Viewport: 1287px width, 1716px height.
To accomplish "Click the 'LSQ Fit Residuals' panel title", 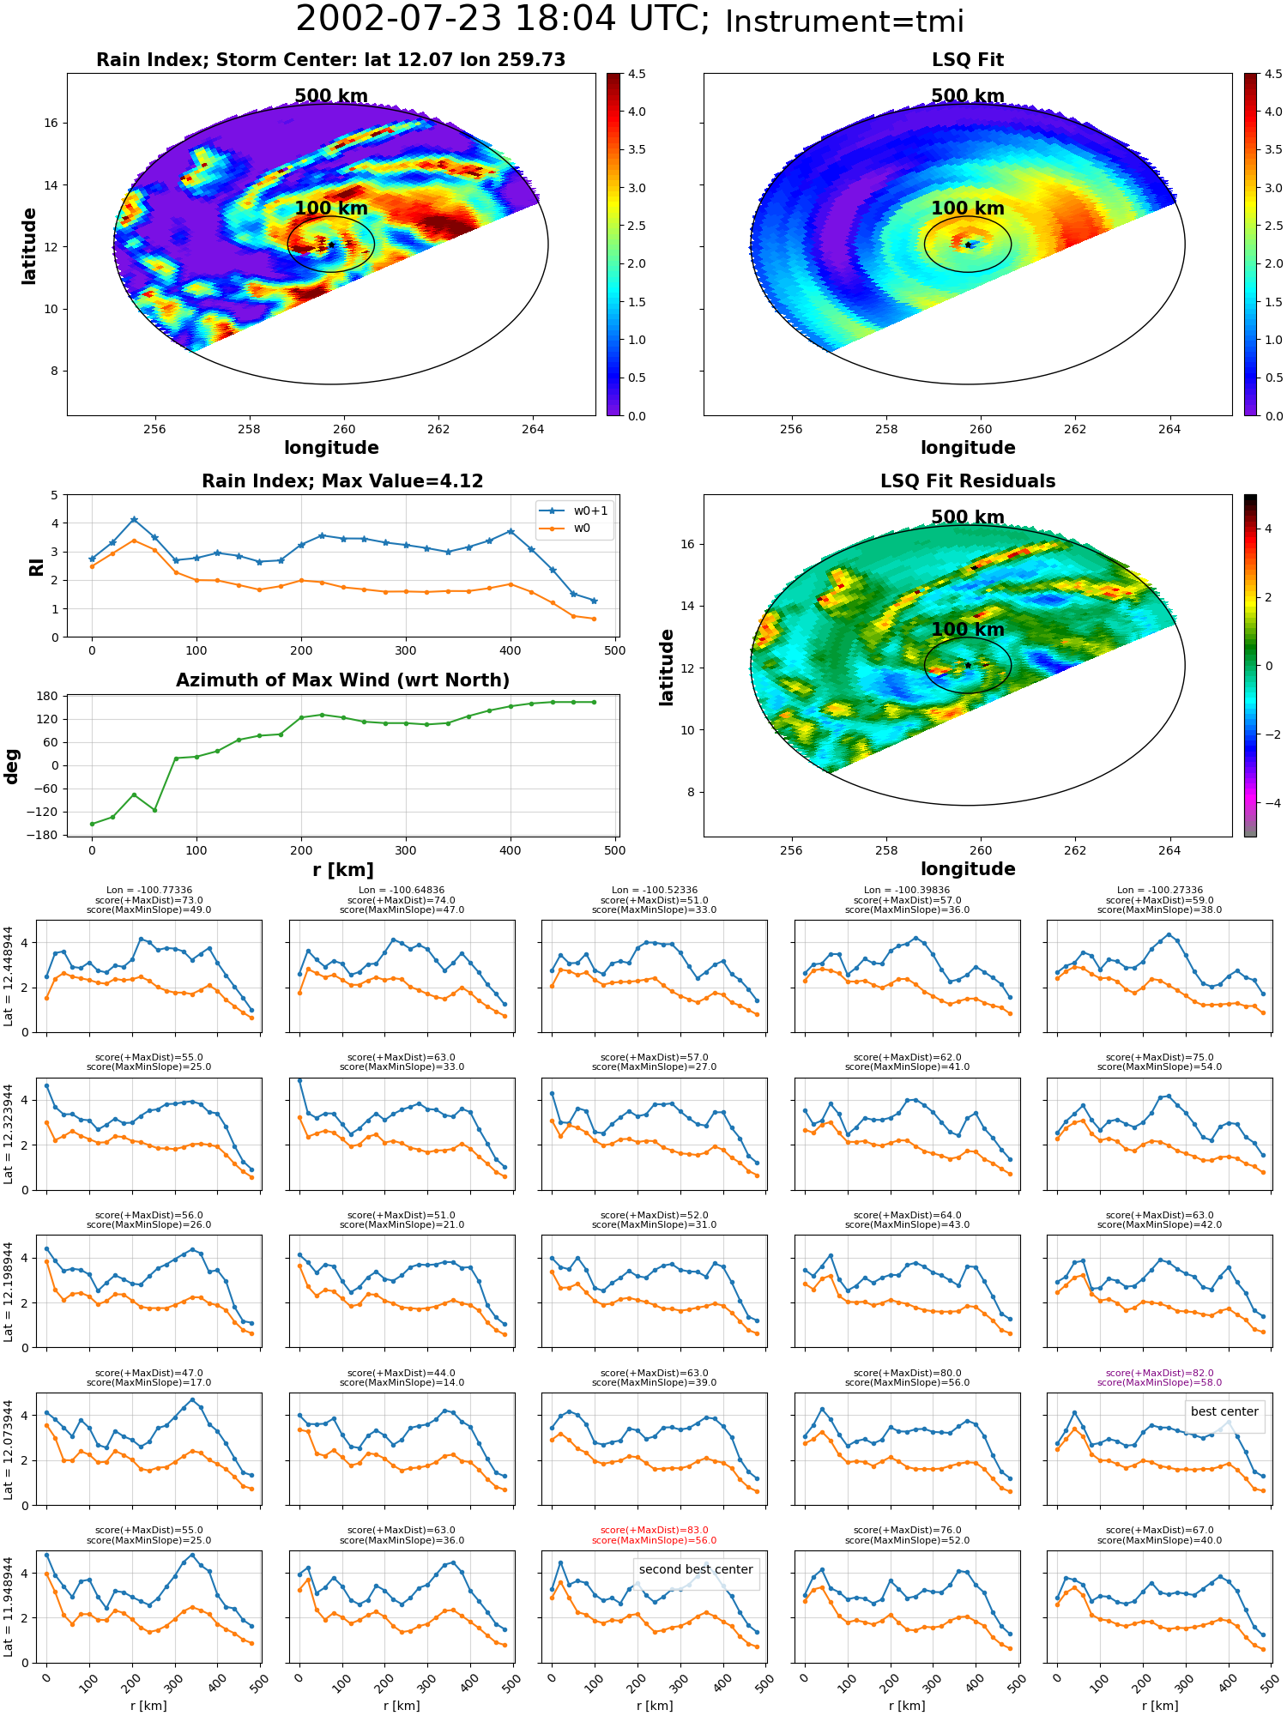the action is pyautogui.click(x=968, y=481).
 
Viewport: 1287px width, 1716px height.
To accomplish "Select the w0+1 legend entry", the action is pyautogui.click(x=574, y=511).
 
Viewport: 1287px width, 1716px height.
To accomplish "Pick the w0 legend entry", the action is pyautogui.click(x=565, y=528).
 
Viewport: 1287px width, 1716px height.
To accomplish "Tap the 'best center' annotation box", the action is pyautogui.click(x=1224, y=1411).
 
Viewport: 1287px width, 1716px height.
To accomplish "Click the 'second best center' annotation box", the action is pyautogui.click(x=696, y=1569).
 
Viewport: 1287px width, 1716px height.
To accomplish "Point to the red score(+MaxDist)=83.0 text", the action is pyautogui.click(x=655, y=1530).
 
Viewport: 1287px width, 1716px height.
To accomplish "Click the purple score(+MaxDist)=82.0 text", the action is pyautogui.click(x=1160, y=1373).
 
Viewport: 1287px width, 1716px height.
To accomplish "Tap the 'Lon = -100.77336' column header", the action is pyautogui.click(x=148, y=891).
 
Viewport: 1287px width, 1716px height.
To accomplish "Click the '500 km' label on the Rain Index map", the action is pyautogui.click(x=331, y=96).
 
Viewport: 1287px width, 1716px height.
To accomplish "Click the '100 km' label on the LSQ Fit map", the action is pyautogui.click(x=968, y=208).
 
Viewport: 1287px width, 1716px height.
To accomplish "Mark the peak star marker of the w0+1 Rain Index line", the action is pyautogui.click(x=134, y=520).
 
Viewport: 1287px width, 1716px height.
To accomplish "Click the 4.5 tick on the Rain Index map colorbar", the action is pyautogui.click(x=637, y=74).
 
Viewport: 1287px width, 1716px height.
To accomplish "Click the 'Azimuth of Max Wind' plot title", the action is pyautogui.click(x=343, y=680).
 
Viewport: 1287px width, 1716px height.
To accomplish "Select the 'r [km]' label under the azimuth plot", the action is pyautogui.click(x=343, y=870).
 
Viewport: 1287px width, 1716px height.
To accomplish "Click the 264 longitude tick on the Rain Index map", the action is pyautogui.click(x=533, y=429).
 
